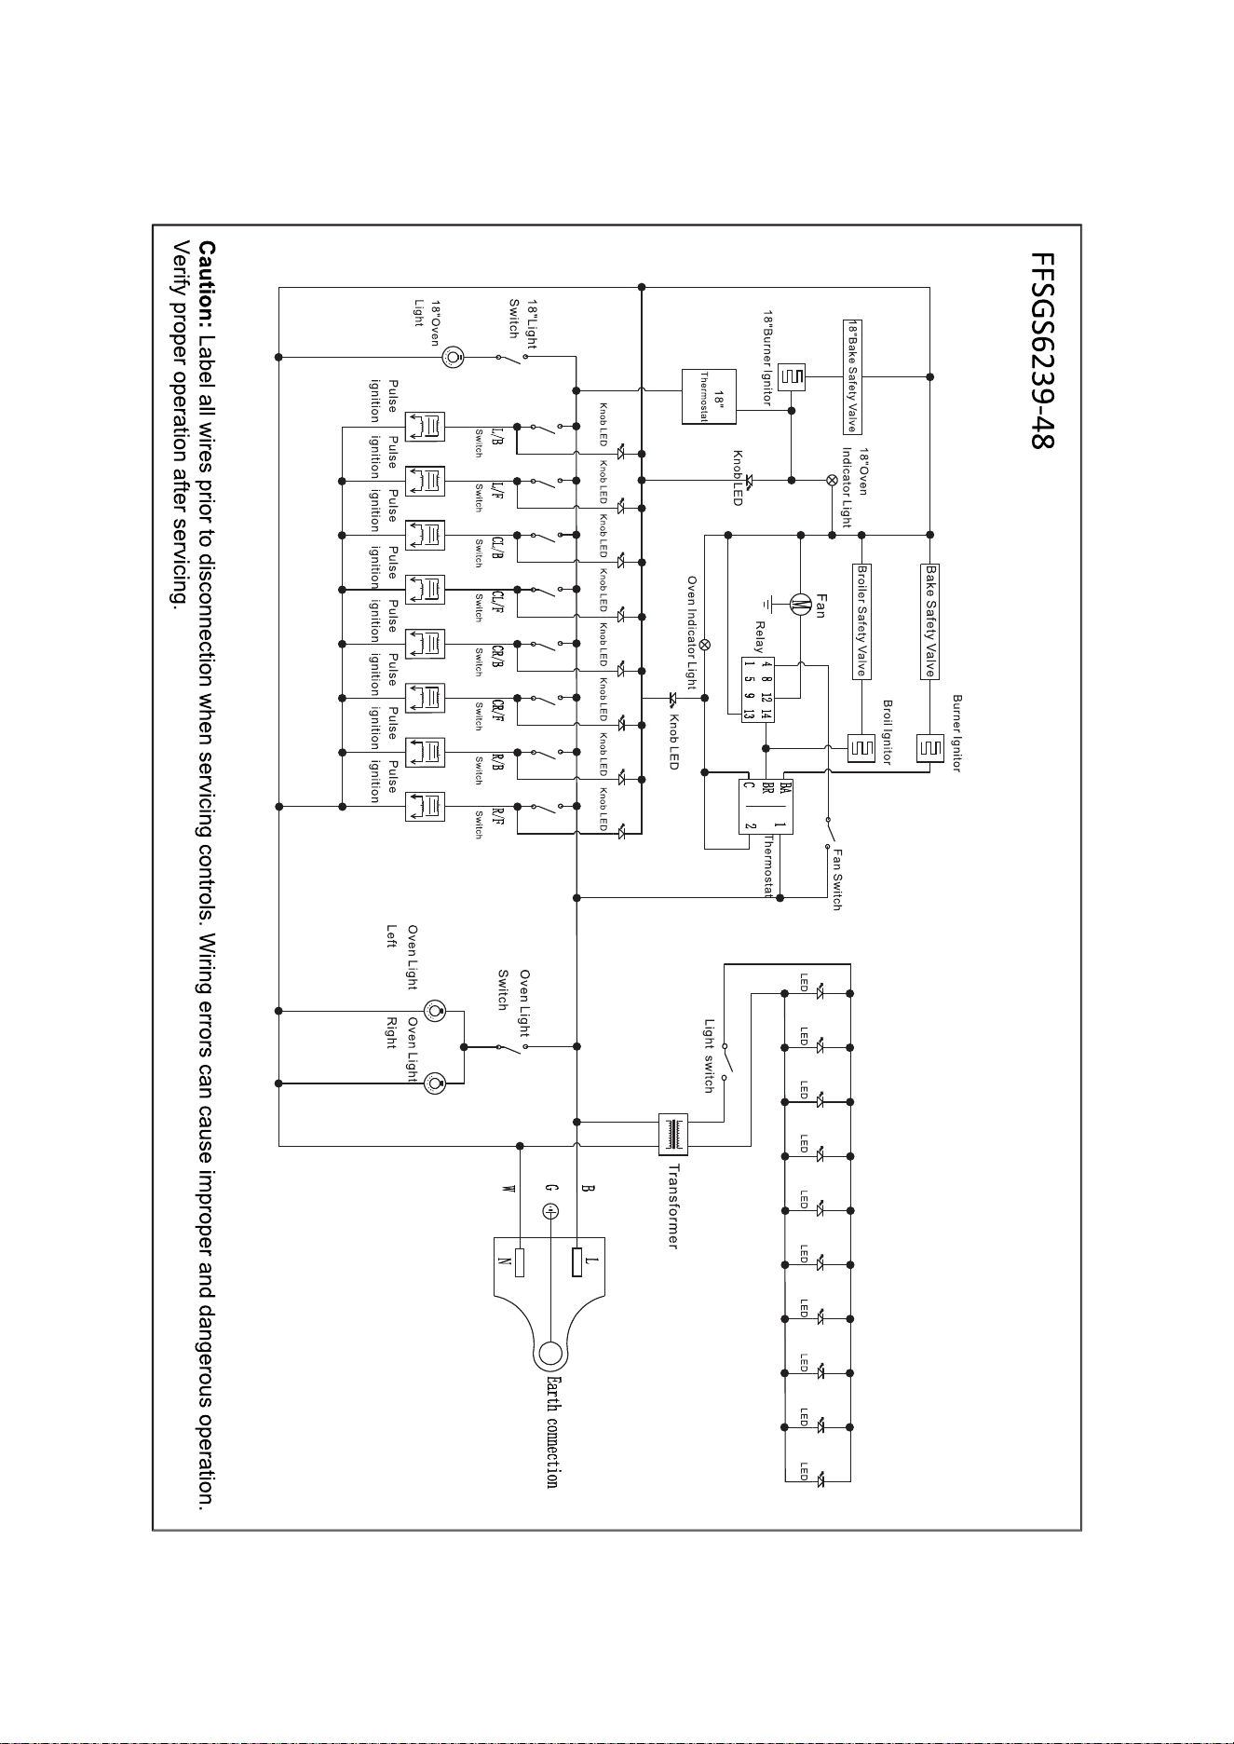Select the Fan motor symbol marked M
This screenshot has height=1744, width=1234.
click(800, 605)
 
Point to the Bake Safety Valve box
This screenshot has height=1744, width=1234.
click(930, 620)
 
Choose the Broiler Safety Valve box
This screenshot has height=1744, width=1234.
click(862, 620)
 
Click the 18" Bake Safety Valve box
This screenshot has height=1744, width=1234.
click(851, 376)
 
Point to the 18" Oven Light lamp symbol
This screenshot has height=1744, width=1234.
click(454, 356)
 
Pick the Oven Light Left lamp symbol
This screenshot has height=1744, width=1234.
click(434, 1011)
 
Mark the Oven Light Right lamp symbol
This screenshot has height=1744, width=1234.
click(434, 1083)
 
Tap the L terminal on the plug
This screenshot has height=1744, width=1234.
click(578, 1262)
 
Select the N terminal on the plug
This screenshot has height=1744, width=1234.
click(520, 1262)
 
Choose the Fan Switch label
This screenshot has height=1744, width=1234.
click(837, 879)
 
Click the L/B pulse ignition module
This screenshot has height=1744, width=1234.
click(426, 428)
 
